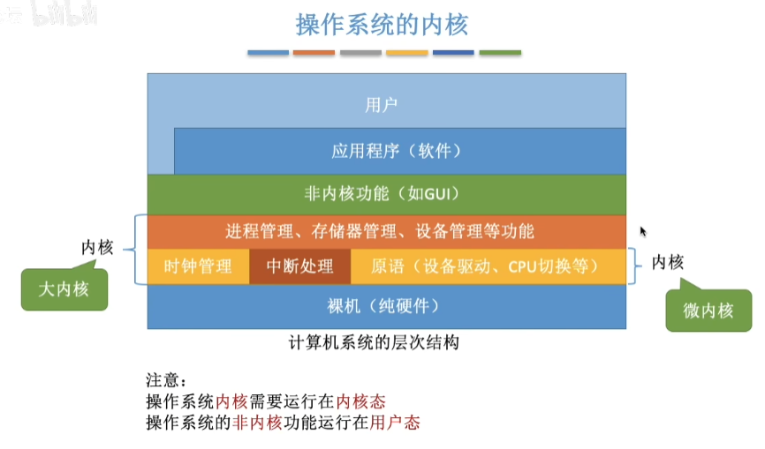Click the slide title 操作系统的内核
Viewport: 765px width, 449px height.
click(x=382, y=24)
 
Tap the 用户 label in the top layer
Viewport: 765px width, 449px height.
click(x=382, y=105)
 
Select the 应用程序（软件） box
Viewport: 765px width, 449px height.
click(x=398, y=150)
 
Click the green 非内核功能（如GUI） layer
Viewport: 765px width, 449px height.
click(x=387, y=193)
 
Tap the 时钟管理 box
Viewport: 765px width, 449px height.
click(x=198, y=266)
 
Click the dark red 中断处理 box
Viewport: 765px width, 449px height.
click(x=299, y=266)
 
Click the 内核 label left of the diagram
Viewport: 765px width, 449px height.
click(x=97, y=247)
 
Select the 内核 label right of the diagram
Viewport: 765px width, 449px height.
click(x=668, y=262)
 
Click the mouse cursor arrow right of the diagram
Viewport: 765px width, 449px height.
click(x=643, y=230)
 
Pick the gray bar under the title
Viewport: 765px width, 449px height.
click(x=360, y=53)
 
